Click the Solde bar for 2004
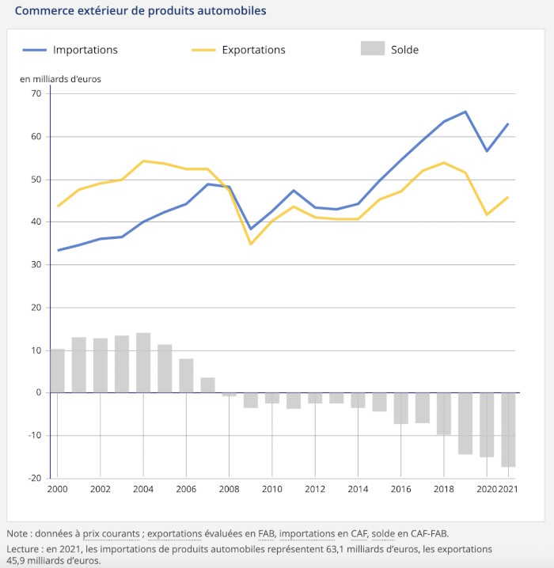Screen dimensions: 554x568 coord(143,362)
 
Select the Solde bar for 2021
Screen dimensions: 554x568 coord(508,430)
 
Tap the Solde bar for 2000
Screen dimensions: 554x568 coord(57,370)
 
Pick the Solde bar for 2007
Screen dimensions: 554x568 coord(207,385)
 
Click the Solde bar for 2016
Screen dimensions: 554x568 coord(400,408)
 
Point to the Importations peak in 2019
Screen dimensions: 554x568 coord(465,112)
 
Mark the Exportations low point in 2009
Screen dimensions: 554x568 coord(251,244)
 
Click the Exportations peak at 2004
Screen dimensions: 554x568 coord(143,161)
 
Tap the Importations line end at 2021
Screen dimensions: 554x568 coord(508,124)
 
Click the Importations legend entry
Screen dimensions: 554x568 coord(70,50)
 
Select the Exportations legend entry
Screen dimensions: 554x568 coord(238,50)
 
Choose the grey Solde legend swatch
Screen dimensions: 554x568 coord(373,48)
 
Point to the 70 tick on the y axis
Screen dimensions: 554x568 coord(36,93)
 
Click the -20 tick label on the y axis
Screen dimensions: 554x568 coord(35,478)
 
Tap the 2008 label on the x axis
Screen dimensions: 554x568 coord(229,489)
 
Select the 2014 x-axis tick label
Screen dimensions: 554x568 coord(358,489)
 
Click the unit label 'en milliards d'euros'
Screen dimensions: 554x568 coord(60,79)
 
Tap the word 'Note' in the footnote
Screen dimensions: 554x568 coord(17,533)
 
